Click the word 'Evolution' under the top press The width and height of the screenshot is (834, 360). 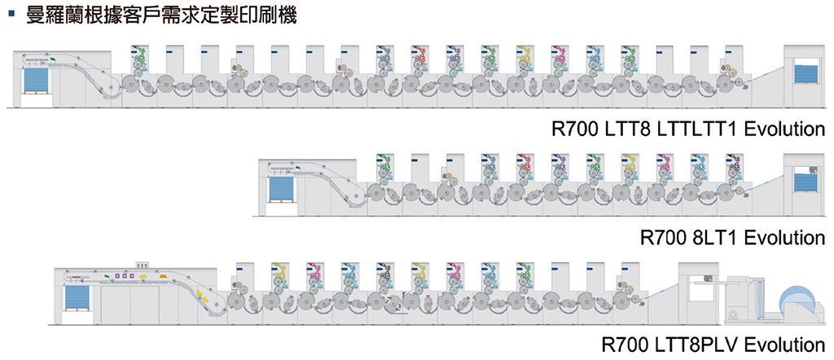[784, 130]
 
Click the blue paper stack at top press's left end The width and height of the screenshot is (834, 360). [37, 81]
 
